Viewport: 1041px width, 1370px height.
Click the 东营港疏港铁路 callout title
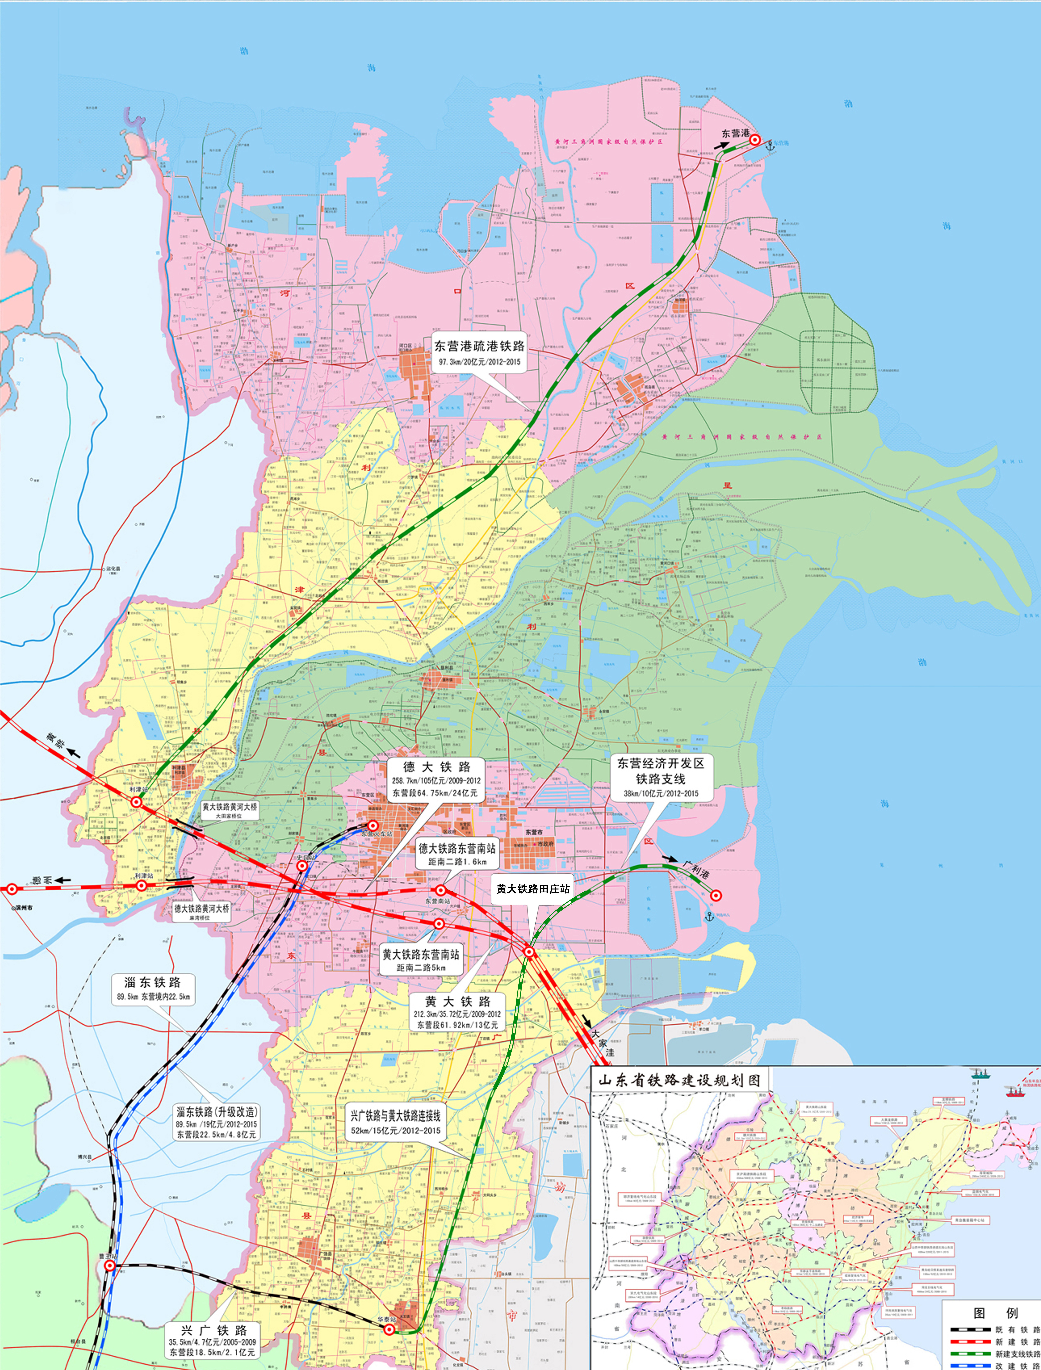coord(479,346)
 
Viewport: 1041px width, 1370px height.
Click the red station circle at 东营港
coord(755,141)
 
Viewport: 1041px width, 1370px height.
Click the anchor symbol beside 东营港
coord(770,145)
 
